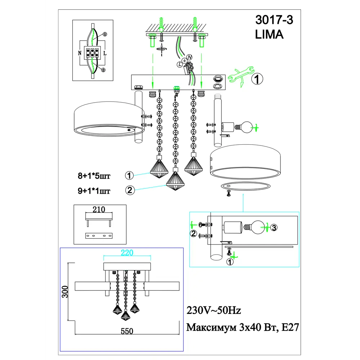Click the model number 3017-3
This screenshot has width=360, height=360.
pos(274,21)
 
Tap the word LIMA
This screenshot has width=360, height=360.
pos(269,35)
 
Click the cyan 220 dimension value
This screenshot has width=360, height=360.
pos(127,253)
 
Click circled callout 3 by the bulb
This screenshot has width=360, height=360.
pos(274,228)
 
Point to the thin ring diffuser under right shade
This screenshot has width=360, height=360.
pos(245,185)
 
